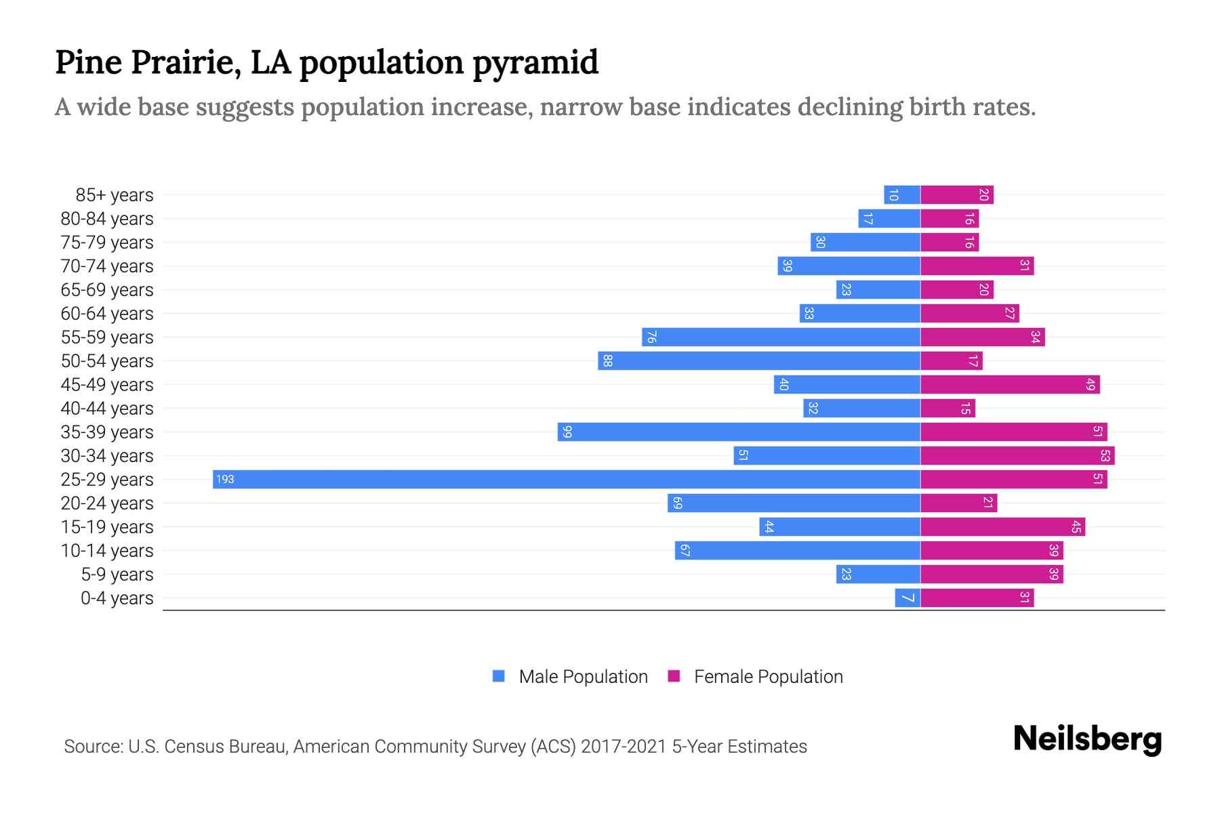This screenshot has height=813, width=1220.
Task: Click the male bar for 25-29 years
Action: (566, 479)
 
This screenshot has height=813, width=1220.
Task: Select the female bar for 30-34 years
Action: (1017, 455)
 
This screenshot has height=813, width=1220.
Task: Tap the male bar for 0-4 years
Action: (908, 598)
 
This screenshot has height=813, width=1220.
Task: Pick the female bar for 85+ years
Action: (956, 194)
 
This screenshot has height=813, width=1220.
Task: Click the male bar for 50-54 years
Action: (759, 360)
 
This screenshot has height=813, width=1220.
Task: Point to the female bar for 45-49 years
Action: (1010, 384)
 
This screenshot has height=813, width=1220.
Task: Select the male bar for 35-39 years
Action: (739, 432)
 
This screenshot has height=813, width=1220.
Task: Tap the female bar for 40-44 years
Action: (948, 408)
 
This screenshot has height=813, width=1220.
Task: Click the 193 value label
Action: (225, 479)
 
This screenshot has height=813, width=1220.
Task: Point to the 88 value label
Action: (607, 360)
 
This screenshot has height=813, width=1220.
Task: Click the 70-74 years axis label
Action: (107, 266)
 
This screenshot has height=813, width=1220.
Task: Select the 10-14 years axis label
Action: (107, 551)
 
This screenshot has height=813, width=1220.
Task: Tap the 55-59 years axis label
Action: (107, 337)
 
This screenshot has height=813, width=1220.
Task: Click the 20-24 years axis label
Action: (107, 503)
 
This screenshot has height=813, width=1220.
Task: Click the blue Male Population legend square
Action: (499, 676)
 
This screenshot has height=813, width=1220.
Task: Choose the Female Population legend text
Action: (768, 676)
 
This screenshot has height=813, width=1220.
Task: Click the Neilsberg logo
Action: (1087, 739)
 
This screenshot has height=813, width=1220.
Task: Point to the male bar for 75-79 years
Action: (866, 242)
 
